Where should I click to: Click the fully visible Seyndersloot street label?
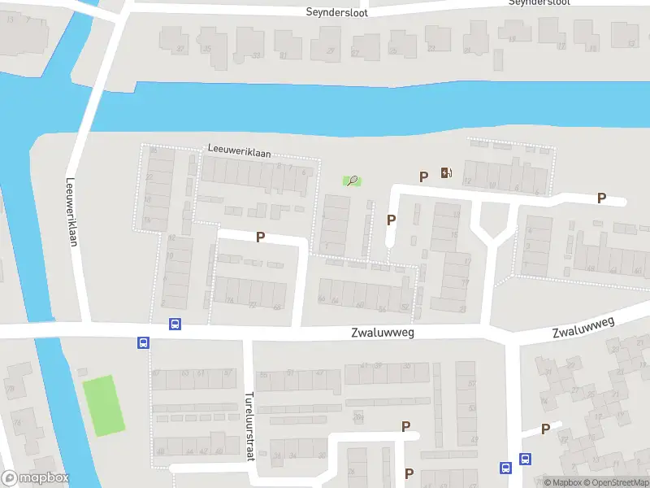click(x=336, y=12)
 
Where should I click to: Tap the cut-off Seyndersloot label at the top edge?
click(x=539, y=2)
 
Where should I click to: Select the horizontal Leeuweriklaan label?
click(x=240, y=152)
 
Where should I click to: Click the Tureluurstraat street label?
click(x=249, y=426)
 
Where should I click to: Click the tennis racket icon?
click(x=353, y=181)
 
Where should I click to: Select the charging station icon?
click(x=445, y=172)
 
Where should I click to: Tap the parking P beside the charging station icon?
click(x=423, y=176)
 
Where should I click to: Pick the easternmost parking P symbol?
click(x=602, y=198)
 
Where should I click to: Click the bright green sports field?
click(x=103, y=405)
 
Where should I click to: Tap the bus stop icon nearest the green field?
click(x=143, y=342)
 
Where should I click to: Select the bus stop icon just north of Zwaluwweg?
click(x=175, y=324)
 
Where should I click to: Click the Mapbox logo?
click(x=35, y=478)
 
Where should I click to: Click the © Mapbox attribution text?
click(x=564, y=482)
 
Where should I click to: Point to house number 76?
click(x=230, y=301)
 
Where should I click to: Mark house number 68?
click(x=277, y=307)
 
